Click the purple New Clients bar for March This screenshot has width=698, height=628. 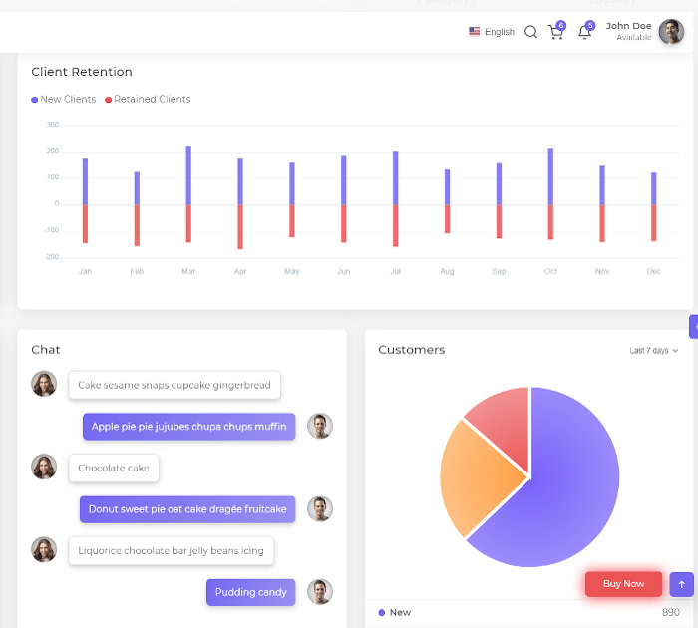coord(188,175)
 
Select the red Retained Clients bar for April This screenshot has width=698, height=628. coord(240,226)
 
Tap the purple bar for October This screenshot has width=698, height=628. coord(550,176)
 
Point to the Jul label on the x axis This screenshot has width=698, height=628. coord(395,271)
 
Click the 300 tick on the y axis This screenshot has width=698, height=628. coord(52,125)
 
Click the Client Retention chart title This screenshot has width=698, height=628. coord(82,72)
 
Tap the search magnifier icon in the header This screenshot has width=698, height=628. coord(530,32)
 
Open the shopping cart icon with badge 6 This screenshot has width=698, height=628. coord(555,32)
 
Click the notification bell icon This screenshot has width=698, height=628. coord(584,32)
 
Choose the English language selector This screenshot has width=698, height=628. coord(492,32)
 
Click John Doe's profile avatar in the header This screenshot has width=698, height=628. coord(671,32)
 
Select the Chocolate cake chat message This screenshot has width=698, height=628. coord(114,468)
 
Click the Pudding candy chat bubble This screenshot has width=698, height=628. coord(250,592)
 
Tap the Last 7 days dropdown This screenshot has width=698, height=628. coord(653,351)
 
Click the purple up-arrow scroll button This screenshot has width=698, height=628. coord(682,584)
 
